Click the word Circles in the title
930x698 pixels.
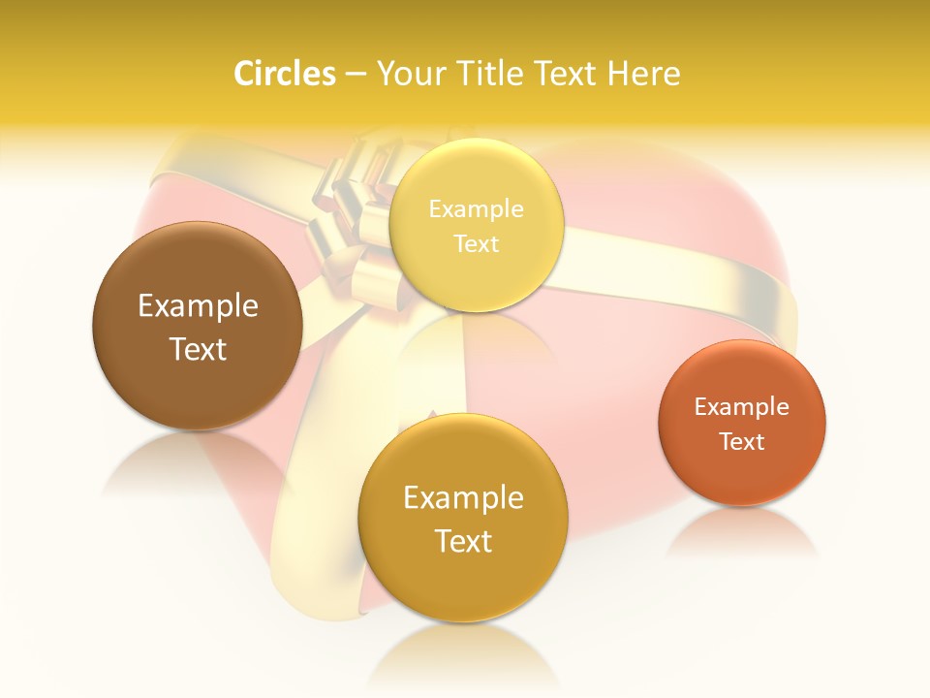click(285, 74)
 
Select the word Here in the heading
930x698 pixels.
click(643, 74)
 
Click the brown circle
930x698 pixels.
click(198, 326)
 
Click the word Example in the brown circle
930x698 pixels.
click(198, 306)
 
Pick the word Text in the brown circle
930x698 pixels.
click(198, 349)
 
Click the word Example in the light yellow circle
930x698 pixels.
click(476, 209)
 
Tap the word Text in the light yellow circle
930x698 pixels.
click(476, 244)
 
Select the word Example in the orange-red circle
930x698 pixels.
click(742, 407)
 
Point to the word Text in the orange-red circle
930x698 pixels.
click(742, 442)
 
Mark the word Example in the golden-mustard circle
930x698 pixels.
click(463, 498)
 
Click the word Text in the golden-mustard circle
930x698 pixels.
click(463, 541)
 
